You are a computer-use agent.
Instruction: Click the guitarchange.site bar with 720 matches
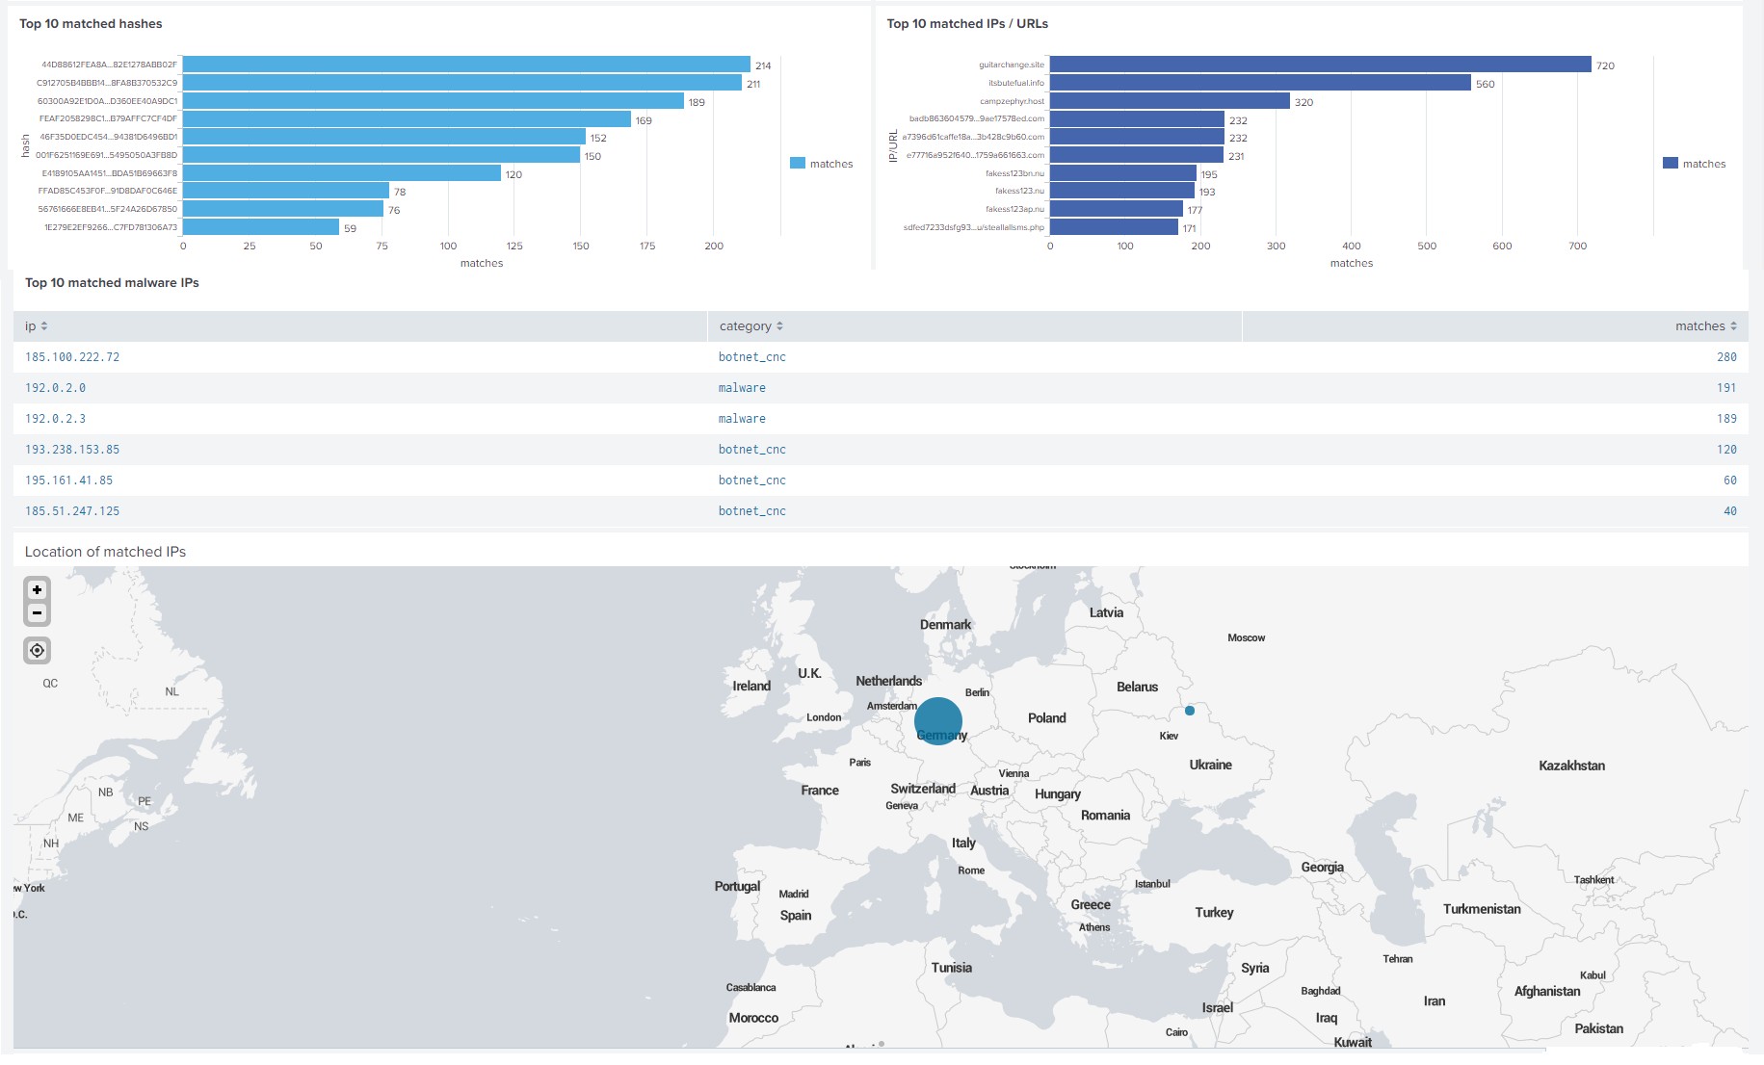pyautogui.click(x=1320, y=65)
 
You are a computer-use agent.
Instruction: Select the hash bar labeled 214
pyautogui.click(x=465, y=65)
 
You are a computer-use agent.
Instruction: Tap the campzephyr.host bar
pyautogui.click(x=1169, y=101)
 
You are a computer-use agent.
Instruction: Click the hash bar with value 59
pyautogui.click(x=260, y=227)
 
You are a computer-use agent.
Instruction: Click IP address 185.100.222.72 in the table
pyautogui.click(x=72, y=357)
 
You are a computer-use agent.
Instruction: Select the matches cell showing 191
pyautogui.click(x=1725, y=388)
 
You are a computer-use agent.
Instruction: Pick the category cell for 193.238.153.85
pyautogui.click(x=751, y=450)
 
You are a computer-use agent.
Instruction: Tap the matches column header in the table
pyautogui.click(x=1704, y=326)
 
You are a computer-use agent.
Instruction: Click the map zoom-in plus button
pyautogui.click(x=37, y=589)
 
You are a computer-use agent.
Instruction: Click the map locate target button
pyautogui.click(x=37, y=651)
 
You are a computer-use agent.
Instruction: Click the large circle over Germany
pyautogui.click(x=937, y=720)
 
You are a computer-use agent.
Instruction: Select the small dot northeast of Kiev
pyautogui.click(x=1190, y=711)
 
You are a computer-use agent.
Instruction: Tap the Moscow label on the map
pyautogui.click(x=1246, y=637)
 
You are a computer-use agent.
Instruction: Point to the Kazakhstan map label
pyautogui.click(x=1571, y=766)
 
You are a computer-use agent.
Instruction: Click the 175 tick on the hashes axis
pyautogui.click(x=647, y=247)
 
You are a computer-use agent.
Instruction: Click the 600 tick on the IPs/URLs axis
pyautogui.click(x=1502, y=247)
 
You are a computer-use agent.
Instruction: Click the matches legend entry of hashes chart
pyautogui.click(x=822, y=164)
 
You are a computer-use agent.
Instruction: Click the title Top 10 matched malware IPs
pyautogui.click(x=112, y=283)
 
